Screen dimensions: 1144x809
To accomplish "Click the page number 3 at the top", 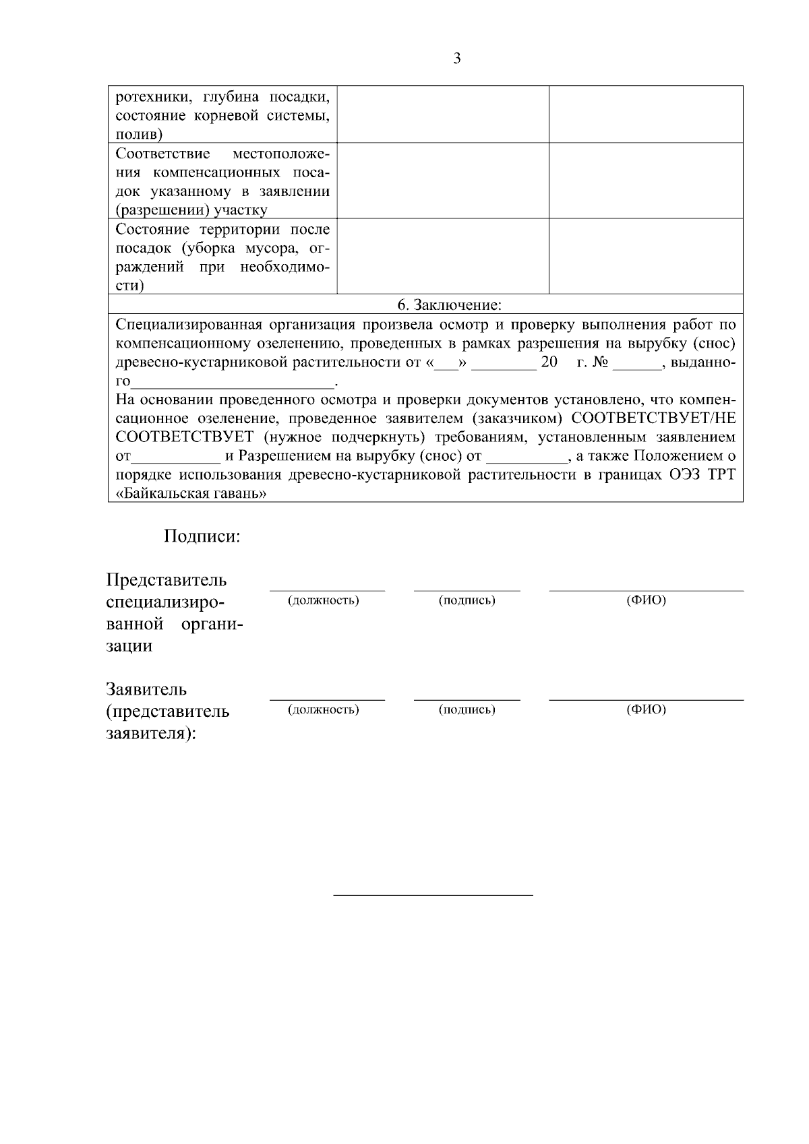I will coord(457,59).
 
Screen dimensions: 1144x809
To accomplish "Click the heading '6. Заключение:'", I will coord(449,305).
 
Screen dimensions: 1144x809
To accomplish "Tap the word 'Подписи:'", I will coord(202,537).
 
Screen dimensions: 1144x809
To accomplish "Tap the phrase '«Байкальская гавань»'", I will coord(191,494).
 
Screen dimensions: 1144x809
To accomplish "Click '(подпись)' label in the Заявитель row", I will coord(467,709).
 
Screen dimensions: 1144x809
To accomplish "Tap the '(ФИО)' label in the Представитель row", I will coord(646,600).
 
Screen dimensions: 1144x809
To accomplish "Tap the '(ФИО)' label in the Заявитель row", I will coord(646,709).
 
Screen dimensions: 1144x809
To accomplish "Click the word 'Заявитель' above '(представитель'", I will coord(146,689).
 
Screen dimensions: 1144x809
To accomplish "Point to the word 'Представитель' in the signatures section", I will coord(167,580).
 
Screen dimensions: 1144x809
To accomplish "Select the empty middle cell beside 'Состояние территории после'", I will coord(443,256).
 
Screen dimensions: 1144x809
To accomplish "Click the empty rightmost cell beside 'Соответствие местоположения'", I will coord(646,181).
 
